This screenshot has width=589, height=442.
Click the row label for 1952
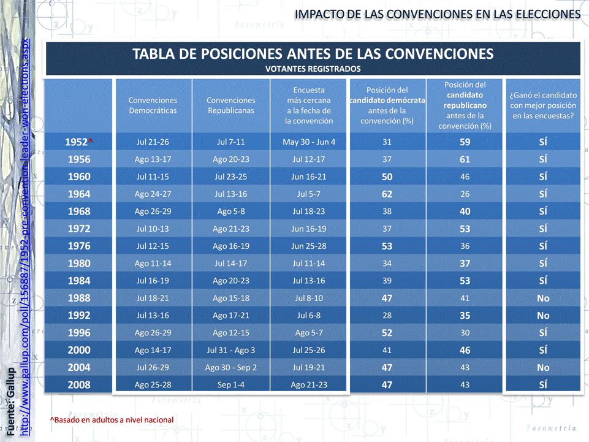tap(78, 142)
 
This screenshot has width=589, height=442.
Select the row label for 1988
tap(78, 299)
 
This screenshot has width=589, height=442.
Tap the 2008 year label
tap(78, 385)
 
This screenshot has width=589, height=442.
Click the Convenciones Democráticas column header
tap(153, 105)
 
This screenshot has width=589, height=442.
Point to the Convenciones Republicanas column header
tap(230, 105)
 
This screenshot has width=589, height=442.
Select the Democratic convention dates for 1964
tap(153, 194)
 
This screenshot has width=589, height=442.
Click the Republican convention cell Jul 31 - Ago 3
tap(230, 351)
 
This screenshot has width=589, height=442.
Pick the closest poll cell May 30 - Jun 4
tap(309, 142)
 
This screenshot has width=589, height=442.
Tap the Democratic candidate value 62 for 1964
tap(387, 194)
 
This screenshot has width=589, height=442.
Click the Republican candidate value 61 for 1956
tap(465, 159)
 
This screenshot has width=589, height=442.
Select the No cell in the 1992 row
tap(543, 316)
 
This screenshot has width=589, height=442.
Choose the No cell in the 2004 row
tap(543, 368)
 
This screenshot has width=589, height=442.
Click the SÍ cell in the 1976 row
tap(543, 246)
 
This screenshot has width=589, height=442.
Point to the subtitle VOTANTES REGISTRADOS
tap(313, 69)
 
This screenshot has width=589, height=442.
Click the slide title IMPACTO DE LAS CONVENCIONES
tap(437, 13)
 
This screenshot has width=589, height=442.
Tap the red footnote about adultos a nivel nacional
tap(112, 419)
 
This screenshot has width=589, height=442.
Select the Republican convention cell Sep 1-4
tap(230, 385)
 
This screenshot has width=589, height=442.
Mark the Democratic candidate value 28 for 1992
tap(387, 316)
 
